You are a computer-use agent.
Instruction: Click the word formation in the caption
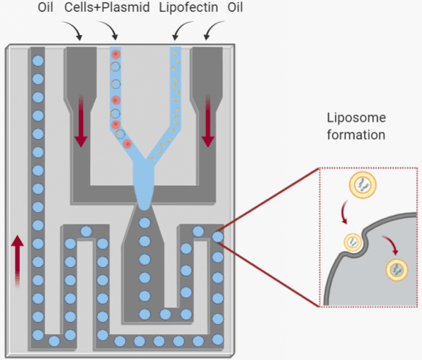[x=356, y=134]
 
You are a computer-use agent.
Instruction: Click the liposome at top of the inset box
[x=362, y=186]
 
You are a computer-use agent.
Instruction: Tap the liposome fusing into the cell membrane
[x=354, y=243]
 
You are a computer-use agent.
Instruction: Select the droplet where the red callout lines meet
[x=218, y=237]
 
